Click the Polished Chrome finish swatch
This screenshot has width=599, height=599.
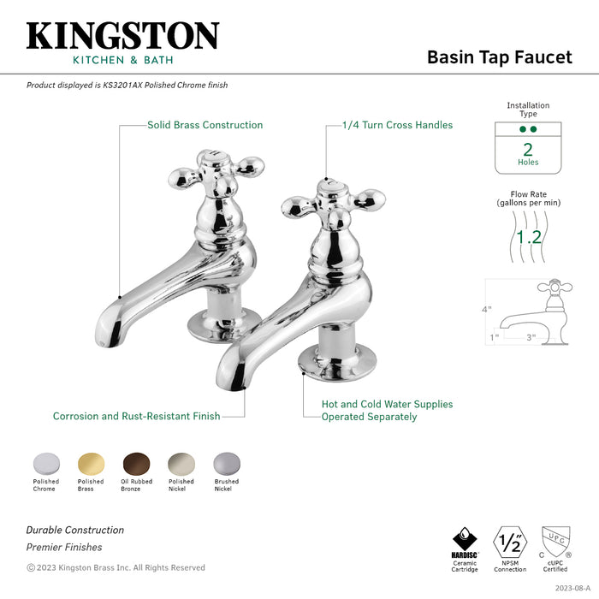point(46,462)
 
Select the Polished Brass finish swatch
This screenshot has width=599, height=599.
point(91,462)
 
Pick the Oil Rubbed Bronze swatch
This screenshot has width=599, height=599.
point(135,462)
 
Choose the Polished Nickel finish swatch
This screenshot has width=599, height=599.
point(181,462)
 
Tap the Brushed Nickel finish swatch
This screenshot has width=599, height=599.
point(226,462)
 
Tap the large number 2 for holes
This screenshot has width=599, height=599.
point(528,147)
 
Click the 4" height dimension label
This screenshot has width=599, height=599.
point(487,310)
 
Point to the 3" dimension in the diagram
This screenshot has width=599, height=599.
point(531,338)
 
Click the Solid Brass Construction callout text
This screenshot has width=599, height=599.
point(205,125)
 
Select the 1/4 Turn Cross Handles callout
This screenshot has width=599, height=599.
point(397,125)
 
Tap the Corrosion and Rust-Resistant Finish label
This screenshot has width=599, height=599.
point(136,417)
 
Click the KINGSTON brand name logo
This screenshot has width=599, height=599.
point(122,36)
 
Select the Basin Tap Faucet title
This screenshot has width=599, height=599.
point(499,57)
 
